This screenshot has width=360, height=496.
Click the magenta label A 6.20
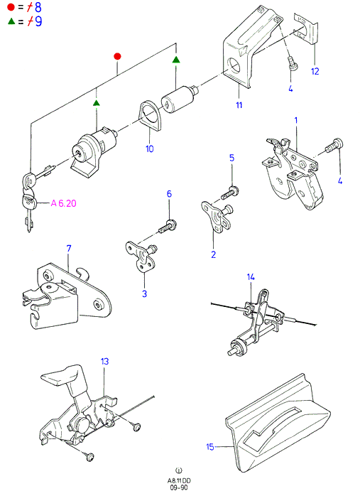(63, 203)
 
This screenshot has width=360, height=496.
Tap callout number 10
(150, 149)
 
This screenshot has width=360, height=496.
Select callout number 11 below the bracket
(239, 105)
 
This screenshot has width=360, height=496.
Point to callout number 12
(315, 71)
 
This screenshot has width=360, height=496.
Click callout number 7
(69, 249)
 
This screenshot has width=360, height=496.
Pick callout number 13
(104, 361)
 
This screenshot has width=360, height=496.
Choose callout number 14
(251, 277)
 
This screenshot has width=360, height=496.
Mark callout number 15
(210, 447)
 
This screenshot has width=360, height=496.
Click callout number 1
(296, 120)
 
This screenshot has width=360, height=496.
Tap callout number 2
(213, 254)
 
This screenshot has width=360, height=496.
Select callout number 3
(144, 293)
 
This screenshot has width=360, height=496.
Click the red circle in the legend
(11, 6)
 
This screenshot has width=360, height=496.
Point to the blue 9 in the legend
(38, 21)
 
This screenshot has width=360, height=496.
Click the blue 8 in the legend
(38, 7)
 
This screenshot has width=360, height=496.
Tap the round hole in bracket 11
(235, 65)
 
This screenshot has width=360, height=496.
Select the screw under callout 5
(230, 193)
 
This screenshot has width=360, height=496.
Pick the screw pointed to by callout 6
(167, 227)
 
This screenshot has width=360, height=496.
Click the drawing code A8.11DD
(179, 481)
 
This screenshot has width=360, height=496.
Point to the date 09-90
(179, 487)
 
